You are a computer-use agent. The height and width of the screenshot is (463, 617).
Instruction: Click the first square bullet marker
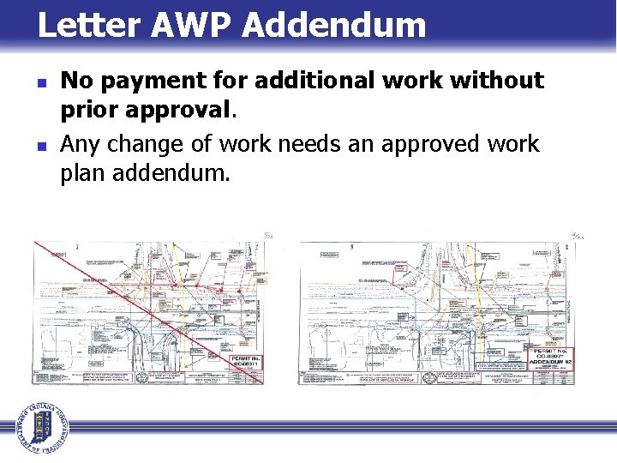[41, 83]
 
